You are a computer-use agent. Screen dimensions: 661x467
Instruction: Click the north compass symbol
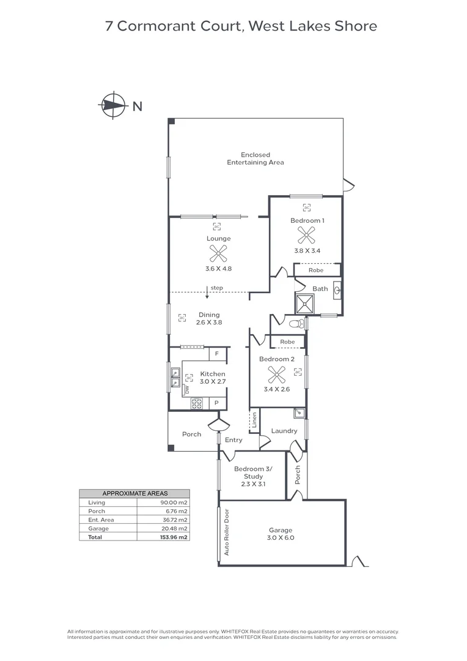pos(111,105)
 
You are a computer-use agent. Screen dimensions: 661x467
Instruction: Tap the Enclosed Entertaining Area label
pos(255,159)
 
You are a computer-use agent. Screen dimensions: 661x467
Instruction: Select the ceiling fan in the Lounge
pos(218,253)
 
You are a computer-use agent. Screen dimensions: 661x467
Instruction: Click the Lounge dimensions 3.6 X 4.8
pos(218,269)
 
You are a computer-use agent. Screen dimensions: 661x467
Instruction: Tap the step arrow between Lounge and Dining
pos(208,293)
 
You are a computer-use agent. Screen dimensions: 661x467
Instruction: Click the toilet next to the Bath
pos(296,323)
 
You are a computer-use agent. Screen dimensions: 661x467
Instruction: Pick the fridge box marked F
pos(217,354)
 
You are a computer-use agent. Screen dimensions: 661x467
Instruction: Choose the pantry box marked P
pos(217,403)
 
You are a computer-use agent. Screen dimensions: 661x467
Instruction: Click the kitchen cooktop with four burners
pos(197,403)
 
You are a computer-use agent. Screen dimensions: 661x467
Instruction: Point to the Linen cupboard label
pos(254,420)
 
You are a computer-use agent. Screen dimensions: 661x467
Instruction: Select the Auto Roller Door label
pos(226,532)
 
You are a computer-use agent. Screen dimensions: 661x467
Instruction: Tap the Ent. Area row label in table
pos(101,520)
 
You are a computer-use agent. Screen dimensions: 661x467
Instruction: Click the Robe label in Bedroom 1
pos(315,270)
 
